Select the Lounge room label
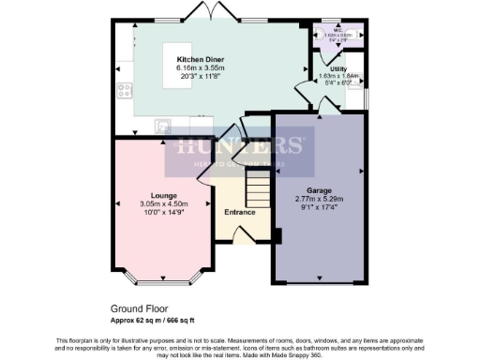pyautogui.click(x=164, y=195)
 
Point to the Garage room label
pyautogui.click(x=320, y=189)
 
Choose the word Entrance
pyautogui.click(x=240, y=212)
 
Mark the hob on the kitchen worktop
pyautogui.click(x=125, y=92)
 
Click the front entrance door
pyautogui.click(x=242, y=236)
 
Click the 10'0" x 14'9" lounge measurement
pyautogui.click(x=164, y=212)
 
